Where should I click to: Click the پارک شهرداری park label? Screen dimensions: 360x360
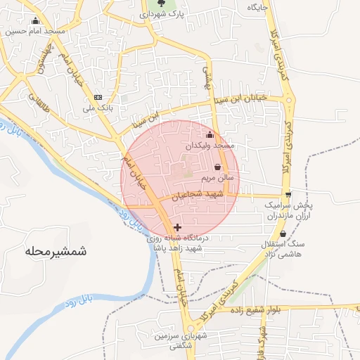[161, 14]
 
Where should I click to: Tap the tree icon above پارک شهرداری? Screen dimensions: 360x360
[162, 4]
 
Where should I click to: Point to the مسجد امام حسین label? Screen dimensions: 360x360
[34, 32]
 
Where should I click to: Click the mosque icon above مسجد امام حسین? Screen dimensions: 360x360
[35, 21]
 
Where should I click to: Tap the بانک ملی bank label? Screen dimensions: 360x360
[98, 108]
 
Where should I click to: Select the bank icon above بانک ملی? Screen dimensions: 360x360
[97, 97]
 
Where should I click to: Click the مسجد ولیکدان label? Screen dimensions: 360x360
[209, 145]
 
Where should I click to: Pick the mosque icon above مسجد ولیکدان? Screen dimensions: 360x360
[209, 135]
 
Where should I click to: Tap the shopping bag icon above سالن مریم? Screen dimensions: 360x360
[217, 167]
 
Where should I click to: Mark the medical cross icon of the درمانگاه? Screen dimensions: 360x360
[176, 227]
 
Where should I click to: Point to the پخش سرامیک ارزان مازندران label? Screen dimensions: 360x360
[288, 211]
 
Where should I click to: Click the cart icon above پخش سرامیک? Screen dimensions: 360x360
[288, 195]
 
